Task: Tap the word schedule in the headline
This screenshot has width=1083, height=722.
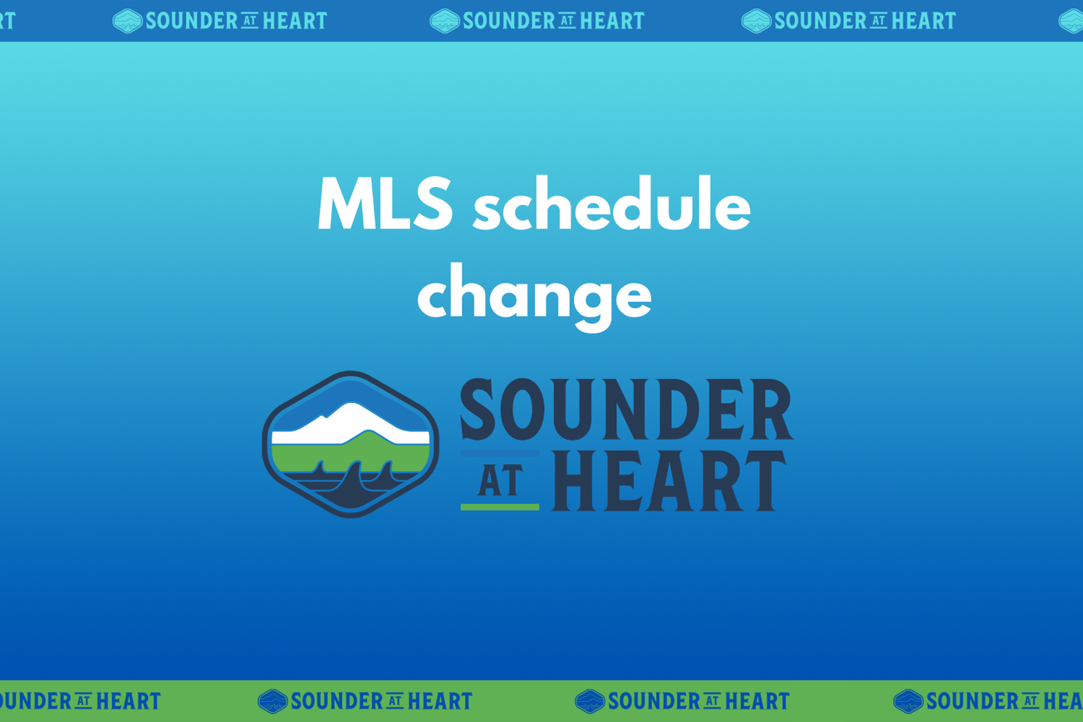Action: point(611,206)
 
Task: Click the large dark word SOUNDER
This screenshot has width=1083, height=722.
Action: point(626,410)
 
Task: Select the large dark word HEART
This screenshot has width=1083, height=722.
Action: point(669,481)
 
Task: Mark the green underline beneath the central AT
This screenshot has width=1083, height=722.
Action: point(500,506)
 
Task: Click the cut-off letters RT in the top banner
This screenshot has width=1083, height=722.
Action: point(7,21)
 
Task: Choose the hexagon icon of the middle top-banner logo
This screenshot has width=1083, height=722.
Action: point(444,21)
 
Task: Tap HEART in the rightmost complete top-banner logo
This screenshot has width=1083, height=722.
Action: point(924,21)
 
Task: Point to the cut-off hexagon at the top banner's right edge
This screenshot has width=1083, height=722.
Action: point(1071,21)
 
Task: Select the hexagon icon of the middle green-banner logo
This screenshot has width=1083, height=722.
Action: point(590,701)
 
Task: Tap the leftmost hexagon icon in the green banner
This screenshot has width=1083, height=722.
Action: point(272,701)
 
